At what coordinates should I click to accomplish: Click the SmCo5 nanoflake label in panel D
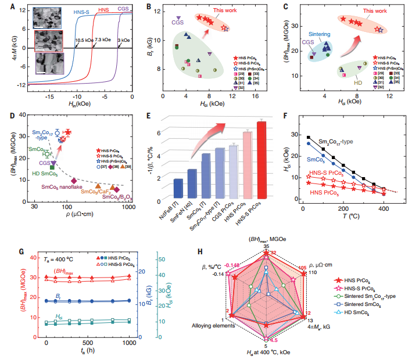(x=59, y=187)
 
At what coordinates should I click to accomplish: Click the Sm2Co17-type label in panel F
(x=354, y=142)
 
